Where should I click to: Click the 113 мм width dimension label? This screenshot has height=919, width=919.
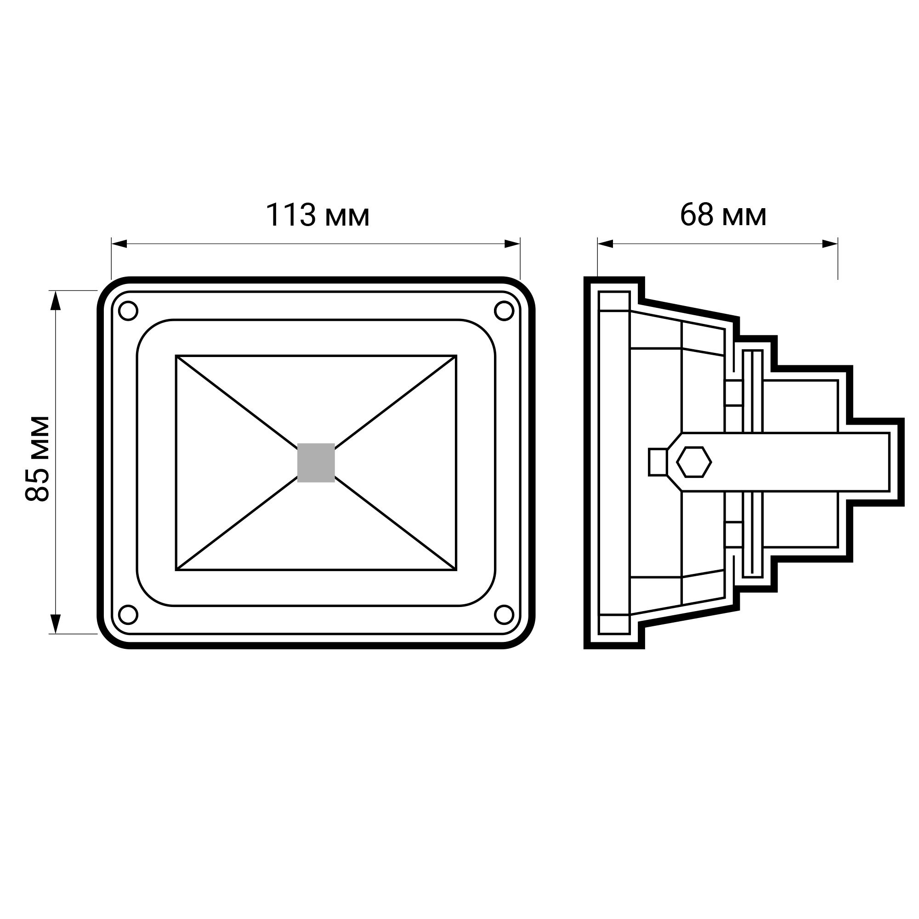[317, 216]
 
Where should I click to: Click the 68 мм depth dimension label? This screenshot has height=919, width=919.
[722, 216]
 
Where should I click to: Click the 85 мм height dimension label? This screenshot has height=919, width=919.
[37, 459]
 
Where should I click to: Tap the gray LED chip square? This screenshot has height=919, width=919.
[316, 462]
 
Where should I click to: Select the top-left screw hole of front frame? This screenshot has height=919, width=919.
[128, 311]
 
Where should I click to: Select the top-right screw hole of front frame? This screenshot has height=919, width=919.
[504, 311]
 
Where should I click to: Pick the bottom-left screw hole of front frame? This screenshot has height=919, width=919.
[128, 614]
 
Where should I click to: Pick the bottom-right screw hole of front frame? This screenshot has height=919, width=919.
[504, 614]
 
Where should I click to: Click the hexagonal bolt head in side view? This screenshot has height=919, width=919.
[694, 462]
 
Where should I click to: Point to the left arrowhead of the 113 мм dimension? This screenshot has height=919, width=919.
[119, 244]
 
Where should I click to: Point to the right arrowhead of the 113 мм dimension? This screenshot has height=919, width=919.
[513, 244]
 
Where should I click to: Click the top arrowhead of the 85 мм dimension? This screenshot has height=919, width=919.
[56, 300]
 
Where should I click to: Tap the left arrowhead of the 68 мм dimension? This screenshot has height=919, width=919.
[605, 244]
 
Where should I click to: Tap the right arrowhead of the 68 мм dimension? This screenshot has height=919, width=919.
[830, 244]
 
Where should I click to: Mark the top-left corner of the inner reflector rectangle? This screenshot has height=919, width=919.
[176, 356]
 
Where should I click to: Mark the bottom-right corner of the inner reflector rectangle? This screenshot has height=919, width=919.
[456, 569]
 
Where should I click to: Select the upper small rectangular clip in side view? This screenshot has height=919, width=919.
[733, 393]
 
